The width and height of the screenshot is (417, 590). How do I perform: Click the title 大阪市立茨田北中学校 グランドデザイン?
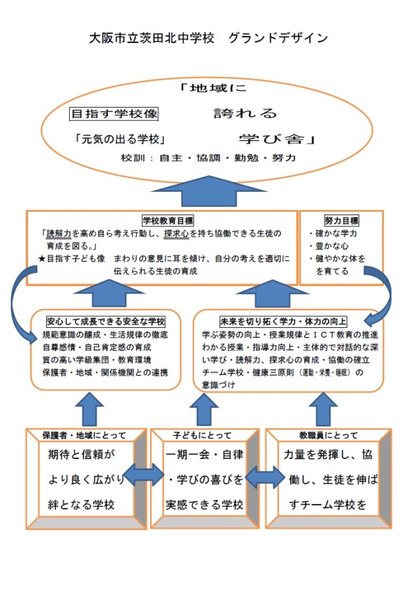[x=208, y=38]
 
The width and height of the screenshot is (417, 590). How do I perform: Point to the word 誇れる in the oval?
[x=246, y=113]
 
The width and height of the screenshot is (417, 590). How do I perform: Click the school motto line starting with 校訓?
[x=208, y=158]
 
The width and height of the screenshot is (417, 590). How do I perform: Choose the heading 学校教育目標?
[x=163, y=220]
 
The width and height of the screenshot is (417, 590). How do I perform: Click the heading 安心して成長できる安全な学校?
[x=106, y=321]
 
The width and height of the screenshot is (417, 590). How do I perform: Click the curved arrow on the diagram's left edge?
[x=18, y=306]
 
